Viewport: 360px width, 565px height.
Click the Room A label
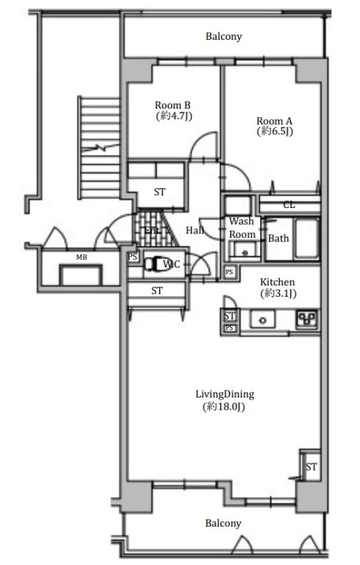(274, 121)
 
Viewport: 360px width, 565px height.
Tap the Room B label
(173, 105)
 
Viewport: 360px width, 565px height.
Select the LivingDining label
(225, 394)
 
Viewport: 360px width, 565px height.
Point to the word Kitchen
(277, 282)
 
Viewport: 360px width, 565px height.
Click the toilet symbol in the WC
(154, 264)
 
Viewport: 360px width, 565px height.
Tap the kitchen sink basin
(262, 320)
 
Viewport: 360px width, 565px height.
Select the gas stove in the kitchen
(307, 319)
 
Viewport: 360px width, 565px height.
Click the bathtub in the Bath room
(307, 238)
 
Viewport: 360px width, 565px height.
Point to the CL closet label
(289, 205)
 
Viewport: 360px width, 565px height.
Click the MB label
(82, 257)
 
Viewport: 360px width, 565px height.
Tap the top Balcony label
(224, 36)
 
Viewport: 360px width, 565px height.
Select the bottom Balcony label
(223, 523)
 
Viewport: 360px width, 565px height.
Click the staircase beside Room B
(100, 148)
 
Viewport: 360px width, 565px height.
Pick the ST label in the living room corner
(311, 467)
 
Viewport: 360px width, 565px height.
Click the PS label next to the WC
(133, 257)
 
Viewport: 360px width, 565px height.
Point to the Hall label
(195, 230)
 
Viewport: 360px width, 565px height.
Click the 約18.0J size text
(224, 407)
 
